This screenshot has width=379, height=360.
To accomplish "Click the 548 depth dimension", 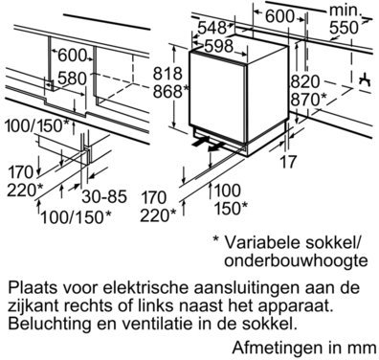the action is click(x=212, y=28).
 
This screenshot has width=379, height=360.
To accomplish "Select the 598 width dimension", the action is click(x=219, y=46).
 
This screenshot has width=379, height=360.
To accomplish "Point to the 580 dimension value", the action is click(x=72, y=79).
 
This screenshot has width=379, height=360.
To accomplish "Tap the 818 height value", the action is click(x=167, y=74).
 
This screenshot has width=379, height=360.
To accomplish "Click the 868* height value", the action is click(x=169, y=92).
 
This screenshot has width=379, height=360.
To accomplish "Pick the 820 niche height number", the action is click(x=304, y=81).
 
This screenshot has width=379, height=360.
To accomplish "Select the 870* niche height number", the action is click(x=308, y=100).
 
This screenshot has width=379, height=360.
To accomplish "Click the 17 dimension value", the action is click(x=288, y=162).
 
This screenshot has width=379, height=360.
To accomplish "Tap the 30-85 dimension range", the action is click(x=104, y=196).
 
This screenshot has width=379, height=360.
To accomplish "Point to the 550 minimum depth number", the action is click(x=344, y=28).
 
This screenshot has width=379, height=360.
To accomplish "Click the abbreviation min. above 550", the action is click(x=345, y=11).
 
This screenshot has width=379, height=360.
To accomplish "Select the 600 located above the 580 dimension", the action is click(x=72, y=56).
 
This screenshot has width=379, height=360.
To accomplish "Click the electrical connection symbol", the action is click(x=366, y=79).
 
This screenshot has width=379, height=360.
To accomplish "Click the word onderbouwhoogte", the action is click(x=296, y=260).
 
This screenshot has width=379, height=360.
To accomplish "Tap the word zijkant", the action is click(x=32, y=305).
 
